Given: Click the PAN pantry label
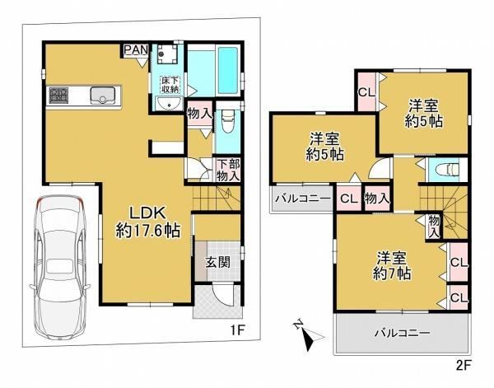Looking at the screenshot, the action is pos(136,49).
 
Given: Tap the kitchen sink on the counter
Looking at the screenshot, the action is pos(102,96).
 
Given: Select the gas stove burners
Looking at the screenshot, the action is pos(58,96).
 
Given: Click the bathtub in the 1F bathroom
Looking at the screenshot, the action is pos(227,70).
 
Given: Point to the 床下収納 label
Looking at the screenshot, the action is pos(170,85).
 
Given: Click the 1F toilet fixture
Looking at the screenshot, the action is pos(227,120).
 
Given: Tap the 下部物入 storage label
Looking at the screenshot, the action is pos(228,170).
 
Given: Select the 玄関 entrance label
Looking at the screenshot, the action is pos(217,262).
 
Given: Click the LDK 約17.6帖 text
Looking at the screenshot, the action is pos(147,223).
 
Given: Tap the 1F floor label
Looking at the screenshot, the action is pos(237,330).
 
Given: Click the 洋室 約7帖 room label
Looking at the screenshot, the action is pos(392,265).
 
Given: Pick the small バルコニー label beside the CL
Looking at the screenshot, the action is pos(303,199).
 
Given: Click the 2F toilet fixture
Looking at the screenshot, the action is pos(447,170).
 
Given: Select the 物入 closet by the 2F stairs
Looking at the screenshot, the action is pos(434,227).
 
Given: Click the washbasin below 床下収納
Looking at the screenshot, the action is pos(170,103).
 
